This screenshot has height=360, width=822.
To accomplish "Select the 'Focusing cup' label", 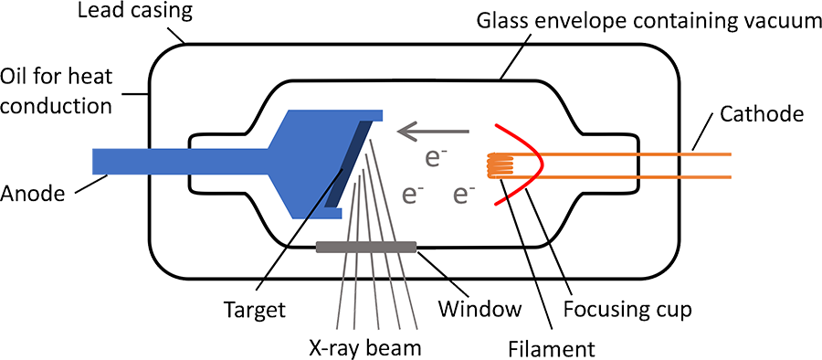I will click(x=627, y=309).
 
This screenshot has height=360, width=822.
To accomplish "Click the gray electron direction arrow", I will click(x=430, y=133).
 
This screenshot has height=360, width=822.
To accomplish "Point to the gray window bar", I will click(x=366, y=245).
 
